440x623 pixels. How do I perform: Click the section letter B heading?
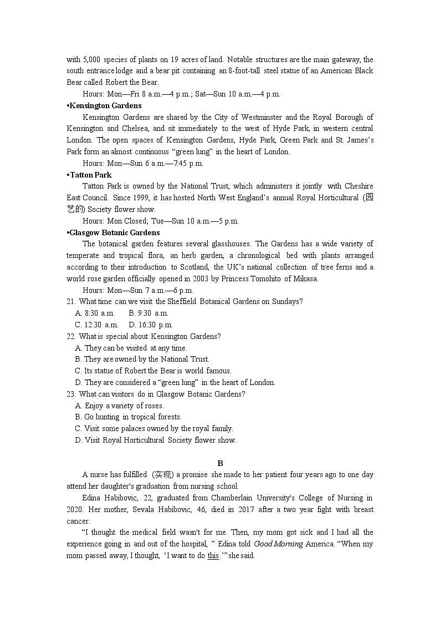click(220, 463)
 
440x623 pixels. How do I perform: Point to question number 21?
click(71, 302)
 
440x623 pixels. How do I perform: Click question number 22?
click(71, 336)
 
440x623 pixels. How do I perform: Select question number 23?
click(71, 394)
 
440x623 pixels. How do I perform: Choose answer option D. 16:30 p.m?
click(151, 325)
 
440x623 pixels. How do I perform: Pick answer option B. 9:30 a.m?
click(149, 313)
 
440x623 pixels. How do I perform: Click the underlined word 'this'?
click(213, 555)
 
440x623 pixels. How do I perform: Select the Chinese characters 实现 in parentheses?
click(161, 475)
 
